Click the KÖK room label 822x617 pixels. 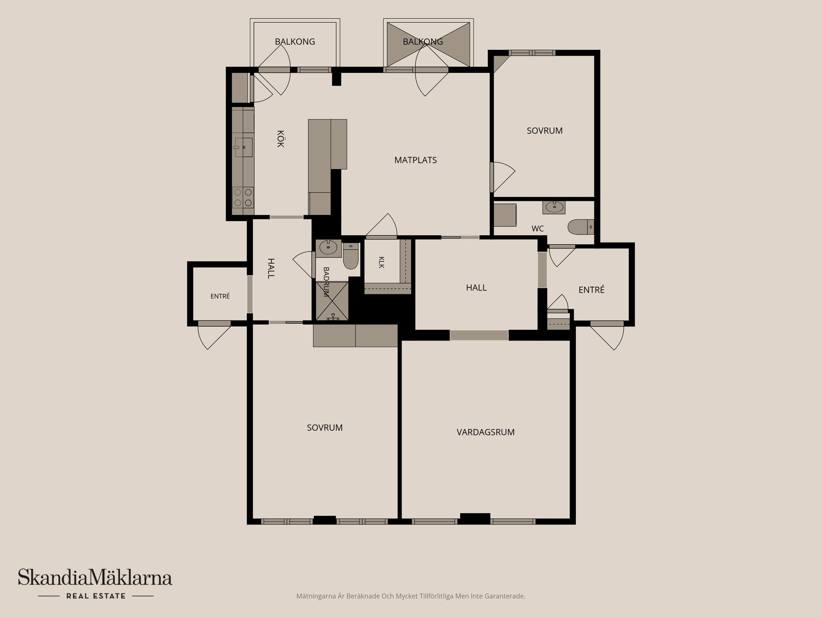coord(280,139)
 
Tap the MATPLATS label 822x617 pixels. coord(415,160)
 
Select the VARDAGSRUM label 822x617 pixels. coord(485,432)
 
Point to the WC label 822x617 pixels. coord(538,229)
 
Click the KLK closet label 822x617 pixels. coord(381,262)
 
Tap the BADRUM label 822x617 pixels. coord(326,282)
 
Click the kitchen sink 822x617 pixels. coord(243,147)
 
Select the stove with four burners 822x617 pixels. coord(243,198)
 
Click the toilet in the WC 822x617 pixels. coord(581,227)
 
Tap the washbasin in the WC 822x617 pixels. coord(554,207)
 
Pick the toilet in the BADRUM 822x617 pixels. coord(351,256)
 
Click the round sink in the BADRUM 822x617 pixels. coord(328,248)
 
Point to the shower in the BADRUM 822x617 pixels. coord(332,301)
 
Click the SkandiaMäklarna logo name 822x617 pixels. coord(95,578)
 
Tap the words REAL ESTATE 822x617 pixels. coord(96,596)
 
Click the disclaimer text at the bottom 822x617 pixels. coord(411,596)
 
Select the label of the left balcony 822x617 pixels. coord(295,42)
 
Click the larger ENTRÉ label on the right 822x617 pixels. coord(592,290)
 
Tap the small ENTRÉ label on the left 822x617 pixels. coord(220,296)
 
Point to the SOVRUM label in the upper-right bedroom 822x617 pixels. coord(545,131)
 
